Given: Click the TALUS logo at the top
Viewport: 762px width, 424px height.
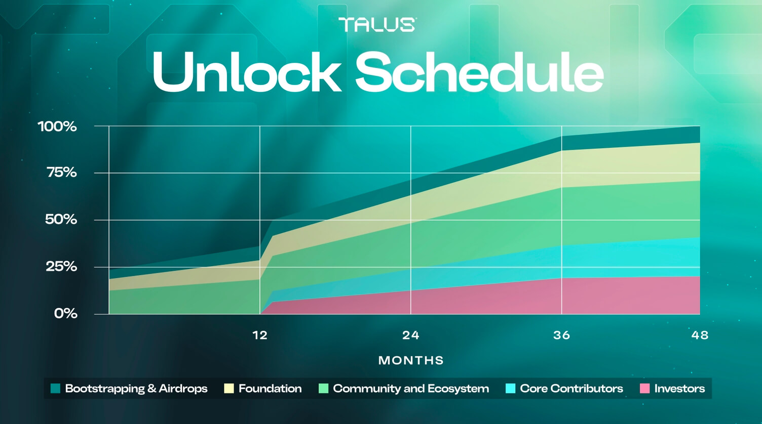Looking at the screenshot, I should [377, 24].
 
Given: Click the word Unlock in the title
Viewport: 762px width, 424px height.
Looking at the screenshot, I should [246, 72].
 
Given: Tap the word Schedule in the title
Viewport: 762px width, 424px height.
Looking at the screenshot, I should [479, 72].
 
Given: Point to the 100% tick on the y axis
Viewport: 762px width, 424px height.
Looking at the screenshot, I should [57, 126].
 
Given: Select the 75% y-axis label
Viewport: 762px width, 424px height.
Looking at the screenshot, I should [62, 173].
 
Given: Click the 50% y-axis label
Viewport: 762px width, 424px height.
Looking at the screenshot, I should [61, 220].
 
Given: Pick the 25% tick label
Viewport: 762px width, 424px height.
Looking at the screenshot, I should [61, 267].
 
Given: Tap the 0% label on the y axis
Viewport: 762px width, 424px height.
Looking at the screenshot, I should [66, 314].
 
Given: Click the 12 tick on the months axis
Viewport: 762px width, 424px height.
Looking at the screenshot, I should [260, 335].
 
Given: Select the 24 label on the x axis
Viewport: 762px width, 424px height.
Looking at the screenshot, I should [411, 335].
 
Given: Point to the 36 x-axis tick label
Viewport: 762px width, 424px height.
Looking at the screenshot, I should [561, 335].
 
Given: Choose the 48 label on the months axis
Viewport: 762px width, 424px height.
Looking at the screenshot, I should [700, 335].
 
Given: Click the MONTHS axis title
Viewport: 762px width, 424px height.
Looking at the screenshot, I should [411, 360].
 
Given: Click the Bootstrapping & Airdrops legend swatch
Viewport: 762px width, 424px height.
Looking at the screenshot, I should [55, 389].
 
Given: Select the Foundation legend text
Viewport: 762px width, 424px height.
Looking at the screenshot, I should [270, 389].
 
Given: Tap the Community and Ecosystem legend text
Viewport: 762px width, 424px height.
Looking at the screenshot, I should [411, 389].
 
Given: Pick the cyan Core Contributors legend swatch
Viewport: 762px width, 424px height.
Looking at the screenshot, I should [510, 389].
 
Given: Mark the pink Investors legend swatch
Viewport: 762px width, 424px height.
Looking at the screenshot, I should [644, 389].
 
